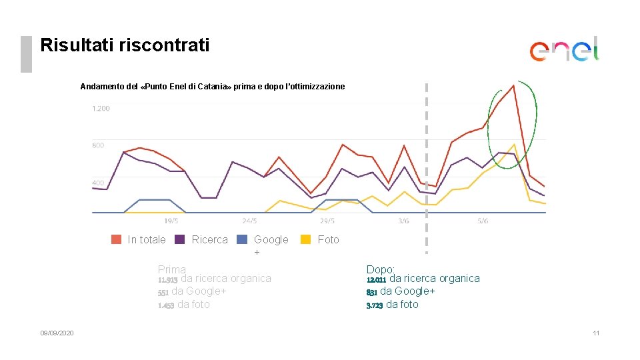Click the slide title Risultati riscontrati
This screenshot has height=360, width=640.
125,45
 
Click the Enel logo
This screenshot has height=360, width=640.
564,49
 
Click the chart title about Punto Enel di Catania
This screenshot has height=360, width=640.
213,87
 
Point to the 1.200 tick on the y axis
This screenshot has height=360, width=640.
101,108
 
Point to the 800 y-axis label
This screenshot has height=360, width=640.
98,145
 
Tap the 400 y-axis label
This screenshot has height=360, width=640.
98,182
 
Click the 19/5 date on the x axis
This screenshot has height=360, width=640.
171,221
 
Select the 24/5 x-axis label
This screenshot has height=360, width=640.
249,221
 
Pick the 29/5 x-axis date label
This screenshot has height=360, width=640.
327,221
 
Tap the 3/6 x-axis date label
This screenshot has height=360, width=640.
404,221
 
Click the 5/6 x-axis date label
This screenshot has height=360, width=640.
482,221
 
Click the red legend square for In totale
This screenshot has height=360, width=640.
116,239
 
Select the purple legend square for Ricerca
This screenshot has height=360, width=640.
179,239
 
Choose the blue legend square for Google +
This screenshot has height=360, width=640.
242,239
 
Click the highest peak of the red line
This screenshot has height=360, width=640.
513,85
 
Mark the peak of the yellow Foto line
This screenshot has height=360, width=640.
513,145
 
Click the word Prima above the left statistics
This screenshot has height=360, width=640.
171,269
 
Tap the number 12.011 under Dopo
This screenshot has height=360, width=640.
376,279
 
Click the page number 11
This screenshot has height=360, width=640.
596,333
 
